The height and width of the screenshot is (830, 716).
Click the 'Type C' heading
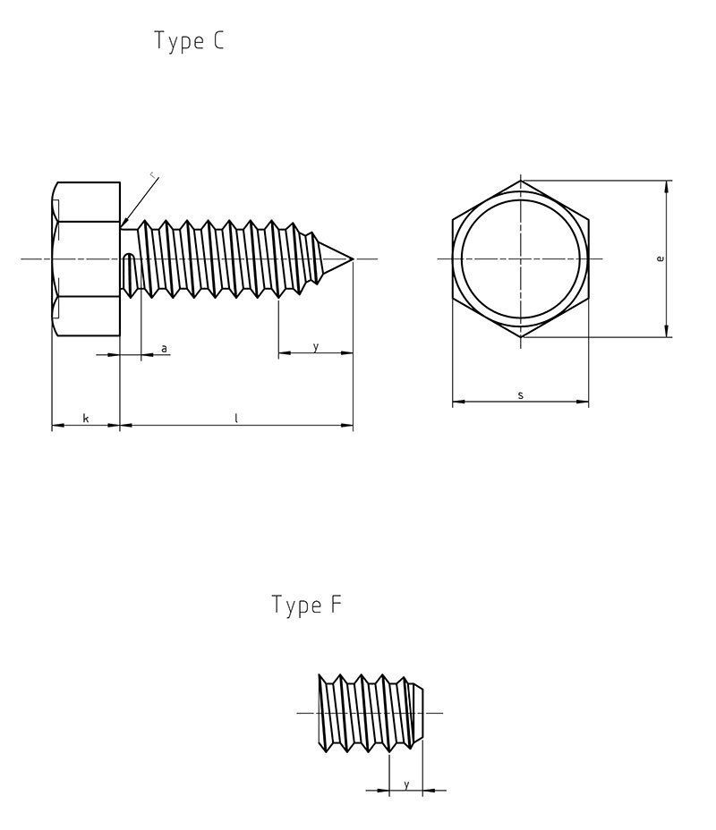point(189,42)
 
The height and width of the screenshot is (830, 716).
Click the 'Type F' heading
point(307,606)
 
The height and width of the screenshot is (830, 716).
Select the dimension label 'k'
point(86,418)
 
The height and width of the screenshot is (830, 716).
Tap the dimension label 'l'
point(236,418)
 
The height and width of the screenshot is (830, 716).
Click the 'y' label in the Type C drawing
point(315,346)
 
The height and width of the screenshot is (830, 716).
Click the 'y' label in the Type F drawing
point(406,783)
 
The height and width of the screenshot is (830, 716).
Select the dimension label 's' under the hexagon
point(520,394)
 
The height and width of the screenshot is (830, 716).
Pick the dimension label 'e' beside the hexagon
point(660,258)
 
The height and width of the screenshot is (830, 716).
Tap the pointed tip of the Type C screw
point(353,259)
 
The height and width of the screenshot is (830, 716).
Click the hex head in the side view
point(86,258)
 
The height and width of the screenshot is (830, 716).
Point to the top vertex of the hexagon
point(521,181)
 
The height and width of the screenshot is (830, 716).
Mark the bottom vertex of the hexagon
point(521,337)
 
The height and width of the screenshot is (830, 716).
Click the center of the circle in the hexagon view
point(521,259)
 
